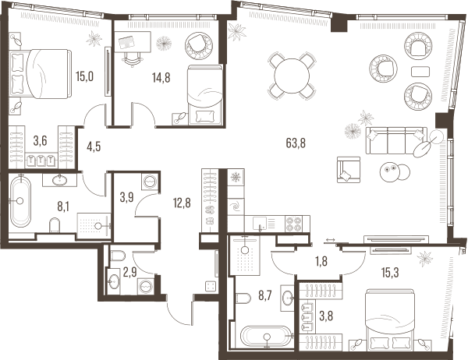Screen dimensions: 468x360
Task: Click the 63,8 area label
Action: [x=296, y=143]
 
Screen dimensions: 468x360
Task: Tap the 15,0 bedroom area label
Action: [x=84, y=76]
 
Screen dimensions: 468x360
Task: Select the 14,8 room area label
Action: [x=161, y=78]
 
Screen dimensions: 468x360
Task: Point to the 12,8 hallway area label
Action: [x=182, y=203]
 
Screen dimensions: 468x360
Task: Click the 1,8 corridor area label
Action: [x=321, y=261]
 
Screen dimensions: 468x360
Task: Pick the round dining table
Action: [x=292, y=76]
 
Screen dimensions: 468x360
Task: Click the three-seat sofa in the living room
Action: [x=396, y=140]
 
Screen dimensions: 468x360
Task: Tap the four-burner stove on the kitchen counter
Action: [x=294, y=224]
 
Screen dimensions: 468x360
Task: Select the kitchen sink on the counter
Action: [x=260, y=223]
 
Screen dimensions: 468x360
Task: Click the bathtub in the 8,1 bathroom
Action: [x=20, y=201]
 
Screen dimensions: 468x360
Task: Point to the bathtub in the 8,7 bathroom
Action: [x=265, y=336]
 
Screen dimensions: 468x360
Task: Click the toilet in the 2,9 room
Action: [x=117, y=256]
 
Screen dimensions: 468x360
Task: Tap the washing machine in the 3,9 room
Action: [x=150, y=181]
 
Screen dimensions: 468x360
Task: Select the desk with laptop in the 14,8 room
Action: [x=133, y=42]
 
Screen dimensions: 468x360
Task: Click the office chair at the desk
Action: [x=132, y=58]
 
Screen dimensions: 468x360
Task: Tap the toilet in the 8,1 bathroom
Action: [x=55, y=225]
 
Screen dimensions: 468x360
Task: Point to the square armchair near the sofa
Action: [x=349, y=169]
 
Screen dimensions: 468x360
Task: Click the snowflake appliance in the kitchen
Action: [x=236, y=178]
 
